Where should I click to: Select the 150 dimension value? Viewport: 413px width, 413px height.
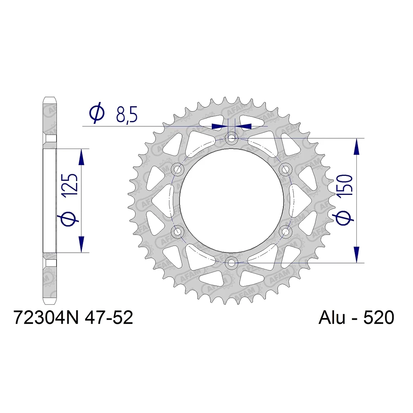tap(345, 185)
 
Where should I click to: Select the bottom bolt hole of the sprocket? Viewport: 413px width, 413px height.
tap(231, 262)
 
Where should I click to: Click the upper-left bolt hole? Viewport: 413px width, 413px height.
tap(178, 169)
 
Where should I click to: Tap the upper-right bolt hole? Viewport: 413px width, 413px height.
tap(285, 169)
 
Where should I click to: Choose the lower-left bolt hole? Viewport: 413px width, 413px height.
tap(178, 231)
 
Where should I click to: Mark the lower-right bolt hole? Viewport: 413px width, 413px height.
tap(285, 231)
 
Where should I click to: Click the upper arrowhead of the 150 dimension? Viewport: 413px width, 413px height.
tap(356, 147)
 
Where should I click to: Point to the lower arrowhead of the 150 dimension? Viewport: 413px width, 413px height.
tap(356, 254)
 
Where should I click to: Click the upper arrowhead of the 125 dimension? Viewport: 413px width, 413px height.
tap(81, 157)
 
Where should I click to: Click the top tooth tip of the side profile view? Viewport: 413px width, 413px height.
tap(50, 98)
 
